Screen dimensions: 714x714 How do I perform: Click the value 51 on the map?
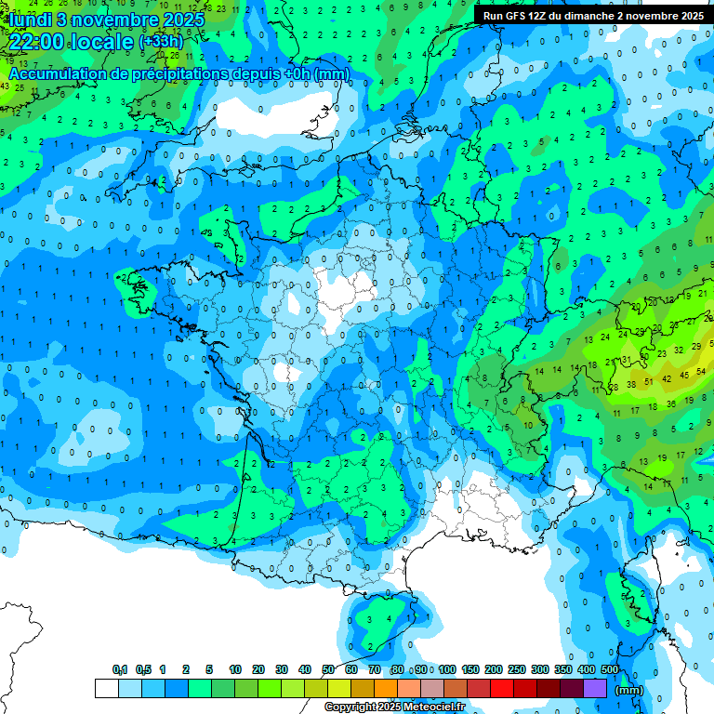pos(645,379)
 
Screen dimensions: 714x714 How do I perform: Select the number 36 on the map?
pos(671,404)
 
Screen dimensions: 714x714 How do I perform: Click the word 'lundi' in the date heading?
pos(28,20)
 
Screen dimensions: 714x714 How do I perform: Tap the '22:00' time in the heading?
pos(37,42)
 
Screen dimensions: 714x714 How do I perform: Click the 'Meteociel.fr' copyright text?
pos(431,707)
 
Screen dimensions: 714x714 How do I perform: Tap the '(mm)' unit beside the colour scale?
pos(629,690)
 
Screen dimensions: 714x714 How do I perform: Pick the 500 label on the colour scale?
pos(610,670)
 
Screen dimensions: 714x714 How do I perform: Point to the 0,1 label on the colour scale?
pos(120,670)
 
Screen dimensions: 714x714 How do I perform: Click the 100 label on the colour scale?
pos(447,670)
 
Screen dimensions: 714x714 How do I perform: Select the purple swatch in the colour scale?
pos(595,688)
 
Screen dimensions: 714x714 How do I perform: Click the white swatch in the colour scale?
pos(106,688)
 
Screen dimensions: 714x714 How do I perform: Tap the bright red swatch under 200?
pos(502,688)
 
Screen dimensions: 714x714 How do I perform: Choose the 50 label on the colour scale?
pos(328,670)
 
